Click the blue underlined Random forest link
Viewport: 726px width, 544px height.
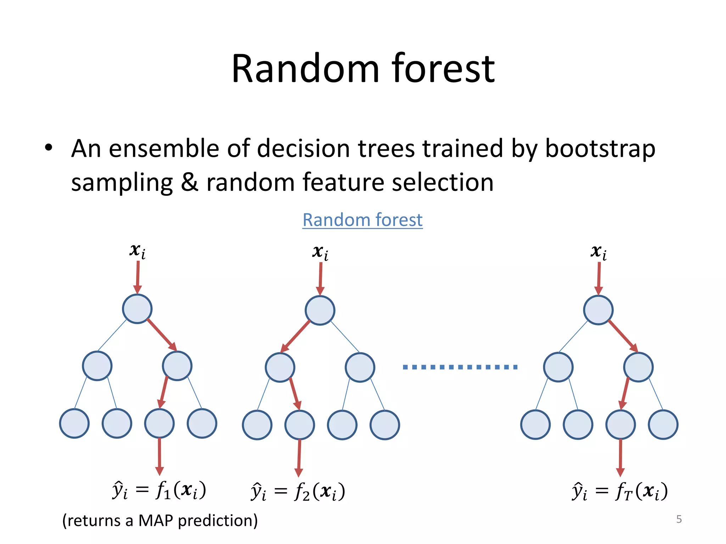362,220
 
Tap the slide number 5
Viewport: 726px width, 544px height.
679,519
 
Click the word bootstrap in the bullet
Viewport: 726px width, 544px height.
600,148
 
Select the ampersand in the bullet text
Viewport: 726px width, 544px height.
190,182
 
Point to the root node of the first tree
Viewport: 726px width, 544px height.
137,309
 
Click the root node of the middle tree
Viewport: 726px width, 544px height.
320,310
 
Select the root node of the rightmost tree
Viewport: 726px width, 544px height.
598,310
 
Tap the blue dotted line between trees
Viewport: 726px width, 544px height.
460,367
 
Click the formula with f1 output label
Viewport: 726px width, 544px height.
159,491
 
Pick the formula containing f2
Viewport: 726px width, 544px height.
298,492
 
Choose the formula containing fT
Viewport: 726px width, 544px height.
620,492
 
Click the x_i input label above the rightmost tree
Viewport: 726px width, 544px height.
598,252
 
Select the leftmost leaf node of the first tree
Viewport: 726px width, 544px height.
74,423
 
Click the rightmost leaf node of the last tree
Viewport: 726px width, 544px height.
663,424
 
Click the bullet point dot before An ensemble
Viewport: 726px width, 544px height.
49,148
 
